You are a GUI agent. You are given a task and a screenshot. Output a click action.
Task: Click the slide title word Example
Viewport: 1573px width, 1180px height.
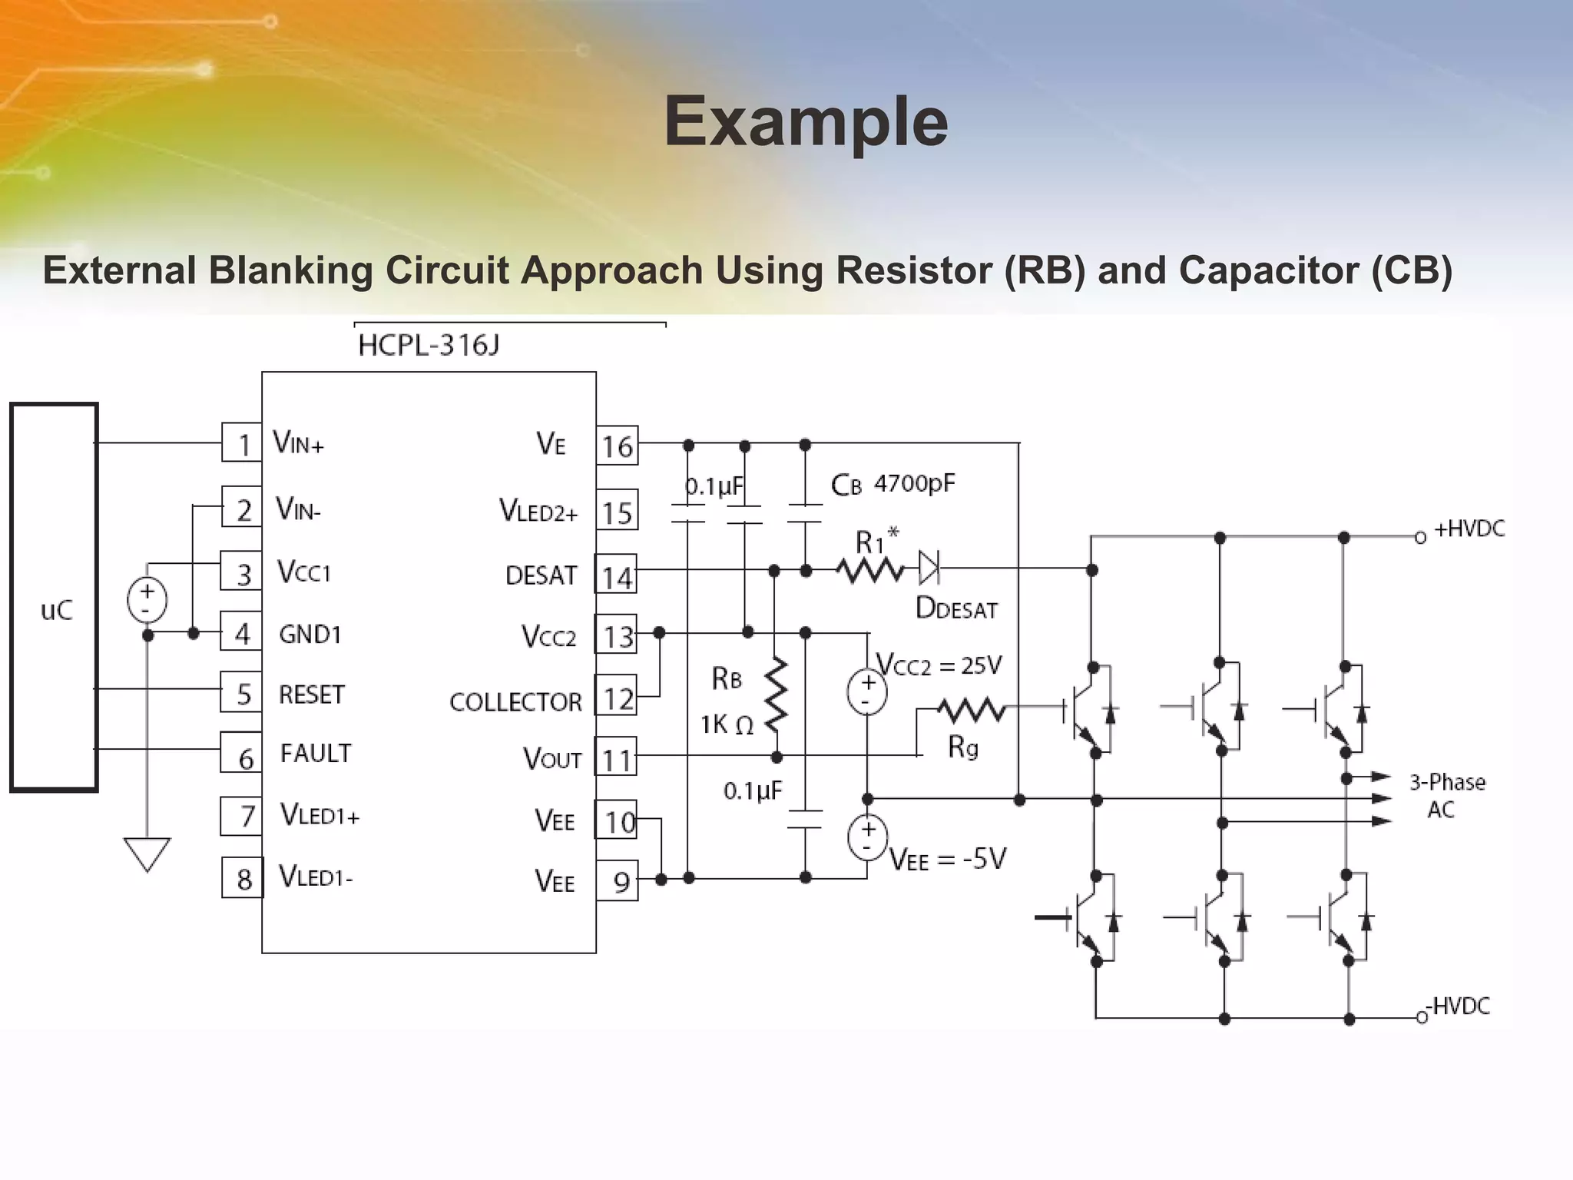click(806, 121)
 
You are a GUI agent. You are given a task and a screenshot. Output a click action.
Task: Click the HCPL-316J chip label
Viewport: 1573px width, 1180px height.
click(429, 346)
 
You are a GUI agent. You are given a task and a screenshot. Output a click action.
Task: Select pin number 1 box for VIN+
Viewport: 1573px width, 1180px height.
click(242, 443)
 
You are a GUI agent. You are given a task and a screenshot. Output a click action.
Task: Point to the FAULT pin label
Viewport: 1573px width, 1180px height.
click(315, 754)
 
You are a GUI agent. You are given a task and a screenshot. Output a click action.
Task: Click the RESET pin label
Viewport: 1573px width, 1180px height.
click(311, 694)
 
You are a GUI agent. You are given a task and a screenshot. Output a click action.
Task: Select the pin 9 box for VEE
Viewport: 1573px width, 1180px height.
click(618, 881)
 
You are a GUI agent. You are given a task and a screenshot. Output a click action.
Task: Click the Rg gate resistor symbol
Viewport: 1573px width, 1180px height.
click(971, 711)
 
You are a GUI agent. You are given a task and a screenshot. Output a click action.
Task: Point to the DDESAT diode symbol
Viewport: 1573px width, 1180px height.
click(929, 568)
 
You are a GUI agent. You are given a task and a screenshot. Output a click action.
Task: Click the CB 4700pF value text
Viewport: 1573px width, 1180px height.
click(914, 483)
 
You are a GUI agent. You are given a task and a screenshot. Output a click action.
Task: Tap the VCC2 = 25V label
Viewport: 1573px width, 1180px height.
click(939, 665)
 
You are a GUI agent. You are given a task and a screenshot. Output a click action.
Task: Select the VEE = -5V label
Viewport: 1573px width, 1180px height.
click(948, 860)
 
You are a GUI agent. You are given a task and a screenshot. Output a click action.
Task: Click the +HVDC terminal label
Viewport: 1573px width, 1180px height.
click(1469, 529)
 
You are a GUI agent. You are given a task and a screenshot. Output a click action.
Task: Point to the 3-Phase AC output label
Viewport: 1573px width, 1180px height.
click(1446, 796)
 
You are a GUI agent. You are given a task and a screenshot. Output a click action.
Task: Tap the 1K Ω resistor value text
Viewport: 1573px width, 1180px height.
click(726, 724)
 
